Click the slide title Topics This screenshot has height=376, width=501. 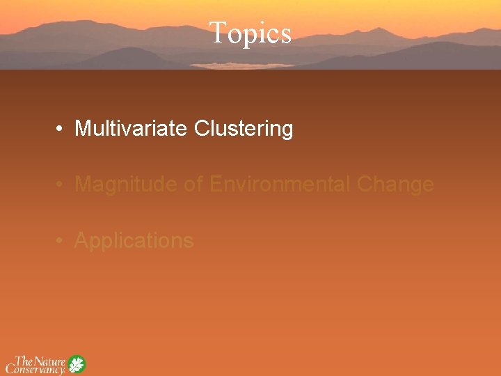coord(250,33)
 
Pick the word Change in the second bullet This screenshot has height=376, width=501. coord(395,185)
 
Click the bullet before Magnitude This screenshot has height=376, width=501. coord(62,185)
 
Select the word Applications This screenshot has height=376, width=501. coord(134,241)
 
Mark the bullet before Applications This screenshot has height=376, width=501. coord(62,241)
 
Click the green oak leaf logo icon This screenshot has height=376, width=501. coord(76,365)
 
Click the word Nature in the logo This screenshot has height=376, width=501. coord(50,361)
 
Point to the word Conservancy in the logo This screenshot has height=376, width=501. coord(35,369)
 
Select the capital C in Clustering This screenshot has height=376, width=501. coord(202,129)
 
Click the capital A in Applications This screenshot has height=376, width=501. coord(81,240)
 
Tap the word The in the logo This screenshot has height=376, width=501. coord(24,361)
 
